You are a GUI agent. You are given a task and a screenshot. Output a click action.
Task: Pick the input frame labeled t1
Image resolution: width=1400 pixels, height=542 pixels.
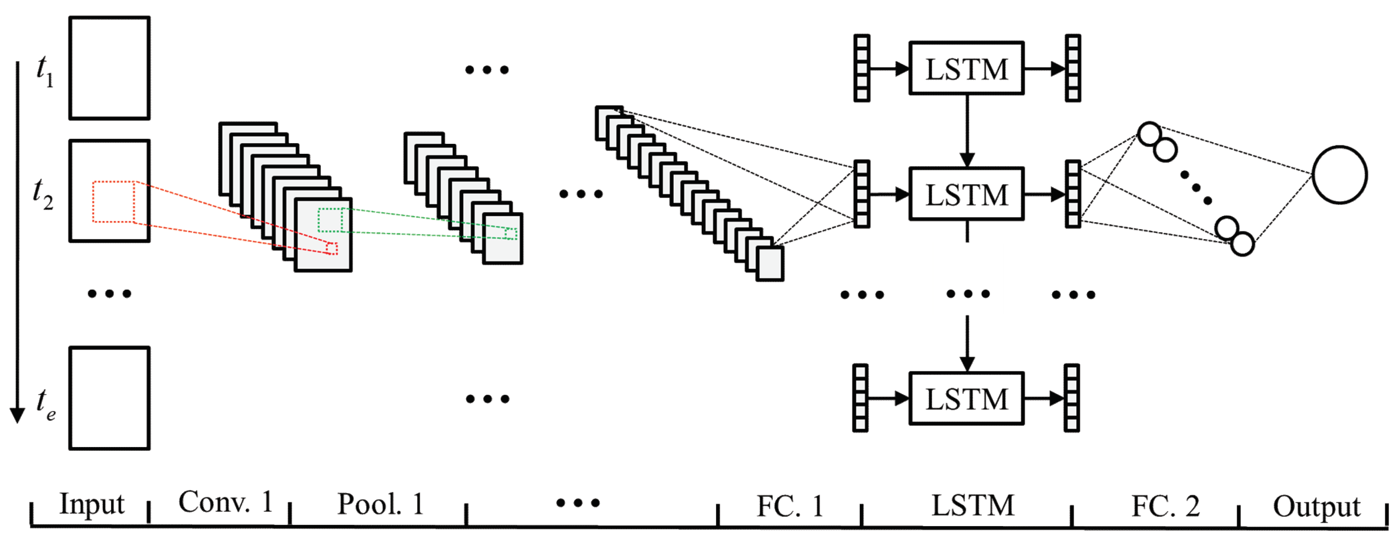pyautogui.click(x=109, y=68)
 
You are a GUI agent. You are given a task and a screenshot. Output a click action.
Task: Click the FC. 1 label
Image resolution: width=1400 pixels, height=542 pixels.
pyautogui.click(x=789, y=506)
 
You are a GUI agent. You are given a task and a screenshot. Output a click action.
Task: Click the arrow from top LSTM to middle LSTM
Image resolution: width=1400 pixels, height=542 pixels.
pyautogui.click(x=966, y=131)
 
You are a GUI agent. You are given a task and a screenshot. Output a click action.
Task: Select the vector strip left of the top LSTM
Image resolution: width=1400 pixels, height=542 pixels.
pyautogui.click(x=861, y=68)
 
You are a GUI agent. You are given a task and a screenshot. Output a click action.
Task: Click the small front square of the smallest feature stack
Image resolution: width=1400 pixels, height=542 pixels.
pyautogui.click(x=770, y=264)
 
